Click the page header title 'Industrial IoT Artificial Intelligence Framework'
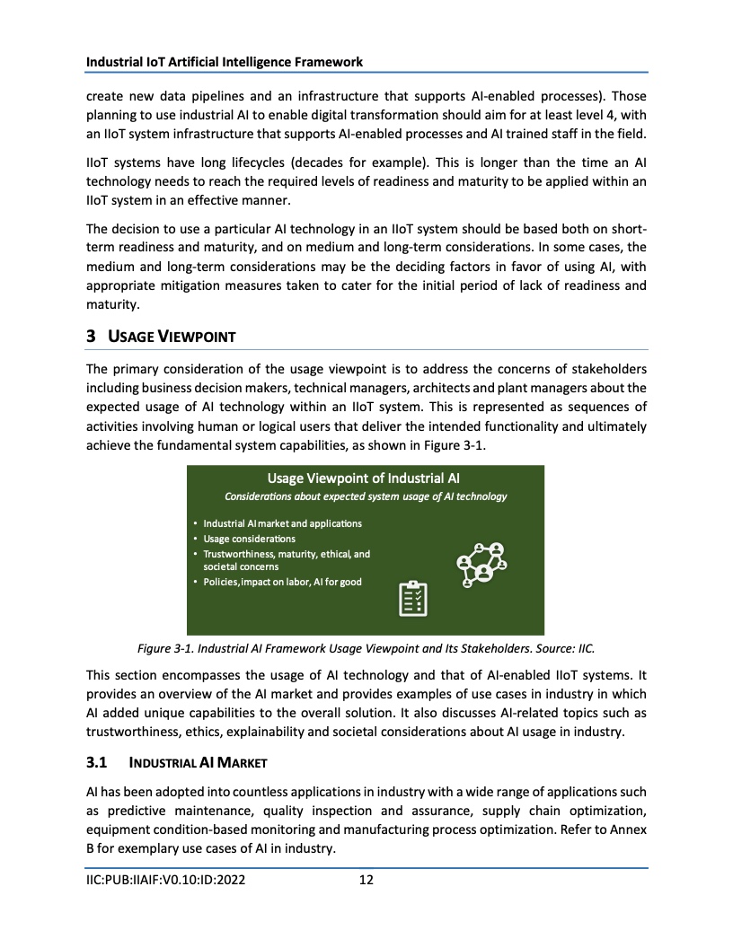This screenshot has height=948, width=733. [x=225, y=62]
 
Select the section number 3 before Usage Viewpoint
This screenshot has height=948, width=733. [x=91, y=337]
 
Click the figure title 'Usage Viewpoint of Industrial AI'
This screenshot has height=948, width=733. [x=364, y=478]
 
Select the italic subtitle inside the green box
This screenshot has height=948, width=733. [x=366, y=496]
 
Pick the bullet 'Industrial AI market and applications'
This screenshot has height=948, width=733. [x=282, y=523]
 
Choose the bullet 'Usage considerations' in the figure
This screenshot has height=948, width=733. [x=249, y=539]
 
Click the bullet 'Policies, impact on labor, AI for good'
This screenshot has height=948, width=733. [x=282, y=583]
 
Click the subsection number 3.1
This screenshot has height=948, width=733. [x=97, y=763]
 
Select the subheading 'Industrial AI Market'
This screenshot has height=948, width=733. [x=198, y=763]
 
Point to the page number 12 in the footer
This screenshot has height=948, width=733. [x=366, y=880]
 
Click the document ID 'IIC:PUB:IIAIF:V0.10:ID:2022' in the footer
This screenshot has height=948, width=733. [x=165, y=880]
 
